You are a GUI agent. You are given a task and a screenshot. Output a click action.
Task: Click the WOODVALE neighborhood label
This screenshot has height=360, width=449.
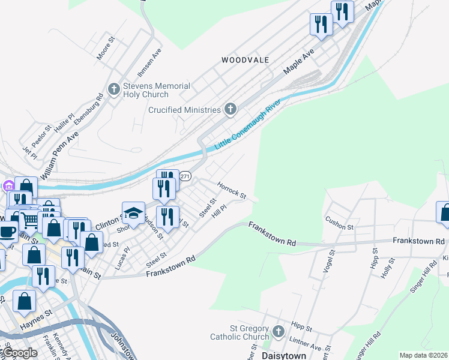coord(245,60)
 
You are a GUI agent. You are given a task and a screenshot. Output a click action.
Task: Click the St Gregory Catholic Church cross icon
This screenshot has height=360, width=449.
coord(277,332)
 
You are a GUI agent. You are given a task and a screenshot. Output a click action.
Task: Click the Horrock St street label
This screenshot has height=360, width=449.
coord(232,191)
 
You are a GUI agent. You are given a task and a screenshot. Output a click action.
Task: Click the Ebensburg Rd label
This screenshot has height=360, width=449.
coord(90,112)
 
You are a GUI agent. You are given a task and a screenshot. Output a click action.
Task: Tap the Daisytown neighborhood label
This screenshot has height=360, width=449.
coord(285,355)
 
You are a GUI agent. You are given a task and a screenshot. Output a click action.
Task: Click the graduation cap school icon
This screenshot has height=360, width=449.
coord(134,213)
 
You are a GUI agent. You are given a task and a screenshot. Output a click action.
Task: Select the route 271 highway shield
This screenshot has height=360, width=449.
coord(186,176)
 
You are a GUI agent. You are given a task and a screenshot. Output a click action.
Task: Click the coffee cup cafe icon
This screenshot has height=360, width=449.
coord(7,231)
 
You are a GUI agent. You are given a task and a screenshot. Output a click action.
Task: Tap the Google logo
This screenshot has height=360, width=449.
coord(20,353)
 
